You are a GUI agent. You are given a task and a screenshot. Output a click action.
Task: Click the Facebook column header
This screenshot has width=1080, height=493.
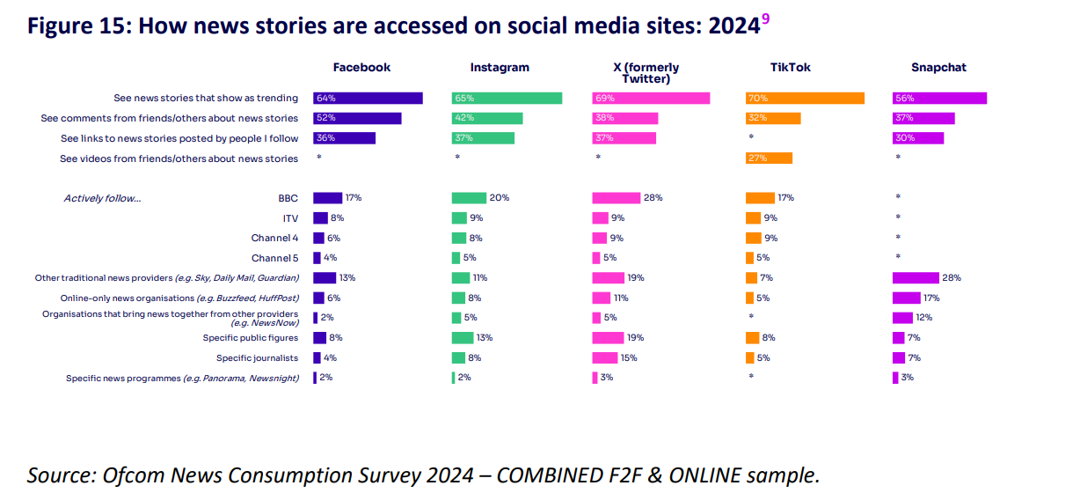tap(361, 68)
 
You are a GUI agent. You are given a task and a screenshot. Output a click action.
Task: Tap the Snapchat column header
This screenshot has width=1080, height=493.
tap(938, 68)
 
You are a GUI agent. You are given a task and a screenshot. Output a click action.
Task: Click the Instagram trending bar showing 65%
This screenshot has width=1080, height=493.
tap(507, 99)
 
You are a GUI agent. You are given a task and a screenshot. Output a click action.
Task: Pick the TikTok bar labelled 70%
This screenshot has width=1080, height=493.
tap(805, 99)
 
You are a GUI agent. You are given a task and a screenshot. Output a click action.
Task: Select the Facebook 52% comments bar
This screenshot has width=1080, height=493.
tap(357, 119)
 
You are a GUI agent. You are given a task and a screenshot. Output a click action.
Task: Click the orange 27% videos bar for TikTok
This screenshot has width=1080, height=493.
tap(769, 158)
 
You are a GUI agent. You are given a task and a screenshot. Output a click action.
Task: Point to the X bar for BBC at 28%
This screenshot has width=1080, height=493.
tap(616, 198)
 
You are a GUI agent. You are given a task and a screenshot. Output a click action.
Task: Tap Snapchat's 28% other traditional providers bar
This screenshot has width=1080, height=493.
tap(916, 278)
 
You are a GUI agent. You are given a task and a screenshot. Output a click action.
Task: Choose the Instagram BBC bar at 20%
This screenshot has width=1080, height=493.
tap(469, 198)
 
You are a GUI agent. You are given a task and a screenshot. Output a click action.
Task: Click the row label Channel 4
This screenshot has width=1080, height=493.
tap(274, 239)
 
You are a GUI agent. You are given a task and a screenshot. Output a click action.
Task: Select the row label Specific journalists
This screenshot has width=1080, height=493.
tap(257, 358)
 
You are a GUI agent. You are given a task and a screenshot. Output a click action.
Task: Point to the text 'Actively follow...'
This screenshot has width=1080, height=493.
tap(102, 199)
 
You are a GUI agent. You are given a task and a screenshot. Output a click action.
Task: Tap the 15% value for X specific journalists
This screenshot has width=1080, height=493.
tap(628, 358)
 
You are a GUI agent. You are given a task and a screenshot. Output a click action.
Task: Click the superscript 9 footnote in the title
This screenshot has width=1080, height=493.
tap(765, 19)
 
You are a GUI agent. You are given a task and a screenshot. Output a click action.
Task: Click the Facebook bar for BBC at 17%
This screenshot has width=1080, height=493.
tap(327, 198)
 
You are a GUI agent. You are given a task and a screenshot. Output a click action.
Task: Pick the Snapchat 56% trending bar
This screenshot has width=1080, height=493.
tap(939, 99)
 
